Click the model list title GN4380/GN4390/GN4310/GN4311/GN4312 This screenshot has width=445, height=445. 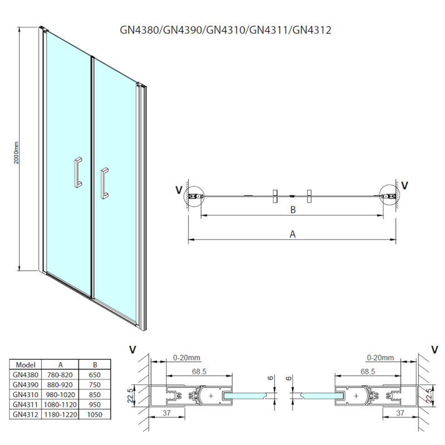[226, 30]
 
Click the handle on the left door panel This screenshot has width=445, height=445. [78, 172]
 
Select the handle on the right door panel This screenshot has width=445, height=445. [104, 182]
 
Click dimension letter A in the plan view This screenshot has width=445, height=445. [293, 234]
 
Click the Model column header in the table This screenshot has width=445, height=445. [26, 365]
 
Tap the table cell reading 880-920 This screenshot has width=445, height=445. [61, 385]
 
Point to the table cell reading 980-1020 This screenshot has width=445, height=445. [61, 395]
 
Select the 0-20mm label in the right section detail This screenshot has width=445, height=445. [381, 357]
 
